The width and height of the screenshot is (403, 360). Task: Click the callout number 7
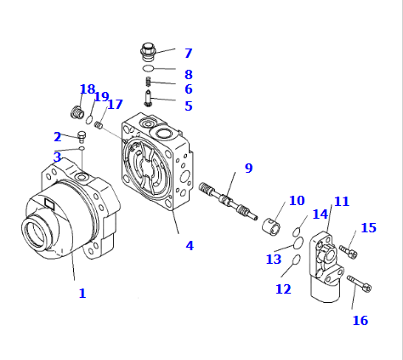(189, 54)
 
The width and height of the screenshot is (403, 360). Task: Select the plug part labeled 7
(148, 52)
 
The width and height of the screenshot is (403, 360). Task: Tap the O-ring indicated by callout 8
(148, 68)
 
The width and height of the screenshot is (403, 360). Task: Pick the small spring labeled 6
(148, 83)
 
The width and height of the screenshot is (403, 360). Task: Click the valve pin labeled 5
(148, 98)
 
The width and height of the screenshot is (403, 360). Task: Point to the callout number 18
(88, 89)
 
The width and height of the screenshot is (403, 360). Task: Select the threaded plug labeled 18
(77, 111)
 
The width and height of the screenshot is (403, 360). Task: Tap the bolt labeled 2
(82, 136)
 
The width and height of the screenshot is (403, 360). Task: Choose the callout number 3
(57, 157)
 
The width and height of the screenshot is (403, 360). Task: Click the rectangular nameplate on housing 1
(49, 203)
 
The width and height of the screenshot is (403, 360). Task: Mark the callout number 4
(190, 246)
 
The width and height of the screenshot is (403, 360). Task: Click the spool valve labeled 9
(228, 201)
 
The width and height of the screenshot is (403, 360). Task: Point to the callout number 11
(342, 202)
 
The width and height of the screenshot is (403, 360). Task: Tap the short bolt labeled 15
(349, 252)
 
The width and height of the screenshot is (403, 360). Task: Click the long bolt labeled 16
(360, 283)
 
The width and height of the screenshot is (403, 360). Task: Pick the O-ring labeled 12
(297, 260)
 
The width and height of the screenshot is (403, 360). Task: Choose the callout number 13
(274, 260)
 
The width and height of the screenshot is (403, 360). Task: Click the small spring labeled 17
(99, 125)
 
